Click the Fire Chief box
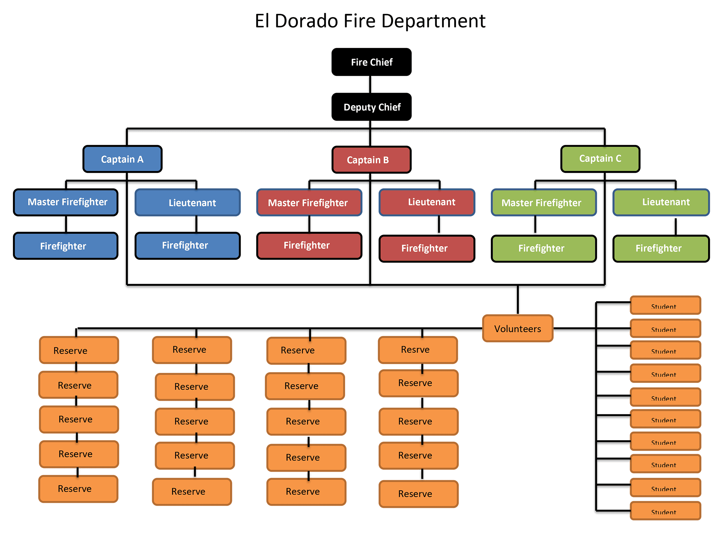coord(371,62)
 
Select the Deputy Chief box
coord(371,107)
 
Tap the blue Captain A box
coord(122,159)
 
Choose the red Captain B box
coord(371,160)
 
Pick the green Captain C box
coord(600,159)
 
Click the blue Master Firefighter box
coord(66,202)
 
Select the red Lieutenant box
coord(427,202)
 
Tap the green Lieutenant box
coord(661,202)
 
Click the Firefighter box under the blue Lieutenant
coord(188,245)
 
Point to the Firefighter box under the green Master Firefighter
coord(543,248)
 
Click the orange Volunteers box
coord(518,329)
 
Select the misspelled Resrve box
coord(418,350)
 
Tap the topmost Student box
coord(665,305)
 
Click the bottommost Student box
coord(665,511)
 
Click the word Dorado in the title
coord(306,21)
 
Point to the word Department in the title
coord(433,21)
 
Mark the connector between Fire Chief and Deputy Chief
coord(370,84)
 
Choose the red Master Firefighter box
coord(309,203)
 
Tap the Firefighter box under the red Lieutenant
coord(427,248)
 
